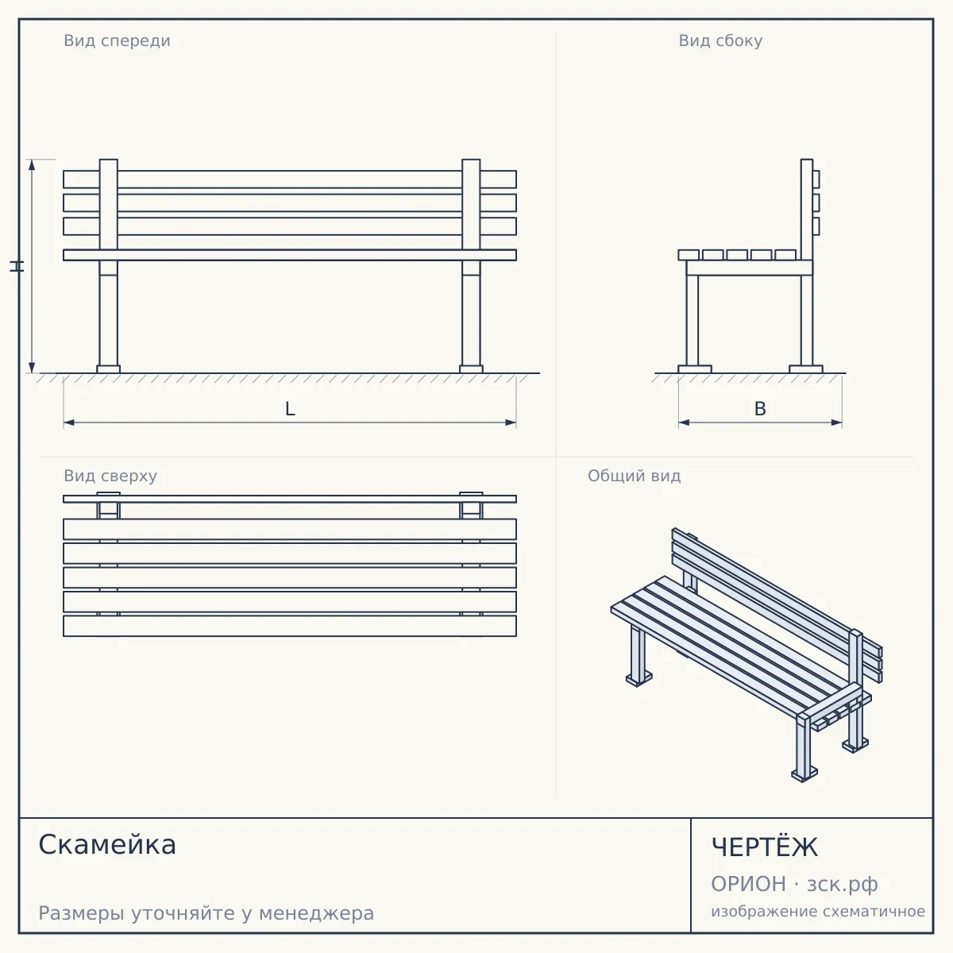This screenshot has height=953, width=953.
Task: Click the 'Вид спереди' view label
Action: coord(118,41)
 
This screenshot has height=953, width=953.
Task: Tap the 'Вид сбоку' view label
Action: coord(720,41)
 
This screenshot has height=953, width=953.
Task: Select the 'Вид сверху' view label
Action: coord(110,476)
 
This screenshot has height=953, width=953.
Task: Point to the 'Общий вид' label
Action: coord(634,476)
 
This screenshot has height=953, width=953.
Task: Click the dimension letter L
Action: coord(290,409)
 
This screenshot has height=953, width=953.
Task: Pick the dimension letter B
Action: coord(760,409)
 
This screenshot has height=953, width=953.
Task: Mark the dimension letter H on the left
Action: coord(17,267)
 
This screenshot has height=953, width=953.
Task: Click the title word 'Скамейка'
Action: coord(107,845)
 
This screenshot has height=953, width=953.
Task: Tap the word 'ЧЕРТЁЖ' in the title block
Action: coord(765,847)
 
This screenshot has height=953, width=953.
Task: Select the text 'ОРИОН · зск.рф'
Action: coord(794,884)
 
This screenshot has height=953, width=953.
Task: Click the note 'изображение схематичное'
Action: coord(818,912)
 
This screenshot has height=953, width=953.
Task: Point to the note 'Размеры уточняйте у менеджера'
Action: coord(206,913)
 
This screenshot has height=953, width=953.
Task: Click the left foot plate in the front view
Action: coord(108,369)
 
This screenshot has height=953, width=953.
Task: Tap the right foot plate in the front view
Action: coord(471,369)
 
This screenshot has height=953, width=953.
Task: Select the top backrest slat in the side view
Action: coord(816,179)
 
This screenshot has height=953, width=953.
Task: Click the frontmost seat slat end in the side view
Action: coord(689,255)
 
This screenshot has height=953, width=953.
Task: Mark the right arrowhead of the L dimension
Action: coord(511,422)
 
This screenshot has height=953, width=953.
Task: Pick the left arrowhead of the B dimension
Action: coord(685,422)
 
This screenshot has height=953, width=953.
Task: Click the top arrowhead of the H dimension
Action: coord(32,165)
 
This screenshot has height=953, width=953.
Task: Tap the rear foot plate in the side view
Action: coord(806,369)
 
